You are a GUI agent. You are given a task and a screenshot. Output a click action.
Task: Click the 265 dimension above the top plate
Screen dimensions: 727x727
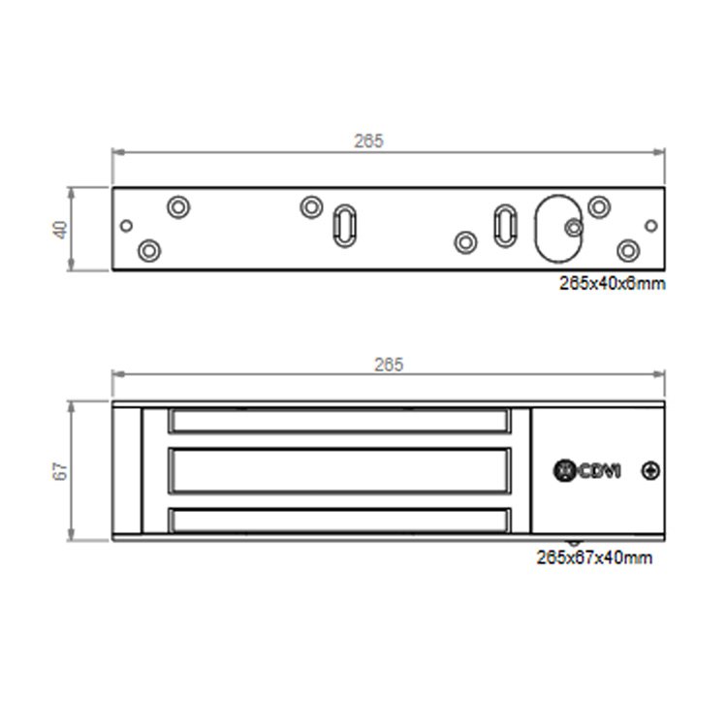tap(369, 141)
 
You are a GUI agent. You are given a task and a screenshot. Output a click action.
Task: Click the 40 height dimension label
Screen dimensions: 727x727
tap(61, 230)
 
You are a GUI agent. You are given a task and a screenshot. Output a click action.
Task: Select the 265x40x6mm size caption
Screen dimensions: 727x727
tap(612, 283)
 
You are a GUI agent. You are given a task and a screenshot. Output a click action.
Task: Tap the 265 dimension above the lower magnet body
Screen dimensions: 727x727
tap(389, 364)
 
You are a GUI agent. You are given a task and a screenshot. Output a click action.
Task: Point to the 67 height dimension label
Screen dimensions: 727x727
tap(61, 471)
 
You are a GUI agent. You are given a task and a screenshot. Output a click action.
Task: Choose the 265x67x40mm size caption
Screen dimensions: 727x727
tap(594, 557)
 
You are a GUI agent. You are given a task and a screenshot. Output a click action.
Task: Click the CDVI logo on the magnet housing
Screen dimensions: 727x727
tap(587, 471)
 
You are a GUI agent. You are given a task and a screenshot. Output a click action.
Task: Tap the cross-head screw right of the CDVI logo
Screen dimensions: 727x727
tap(650, 471)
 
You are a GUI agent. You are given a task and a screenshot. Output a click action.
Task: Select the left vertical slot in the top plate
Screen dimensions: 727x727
tap(344, 226)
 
